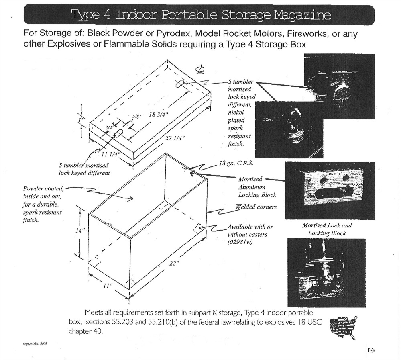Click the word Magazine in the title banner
click(303, 15)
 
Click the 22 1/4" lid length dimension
click(174, 138)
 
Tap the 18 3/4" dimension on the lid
click(158, 114)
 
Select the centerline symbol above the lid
click(199, 70)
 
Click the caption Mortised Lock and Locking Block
click(327, 229)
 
